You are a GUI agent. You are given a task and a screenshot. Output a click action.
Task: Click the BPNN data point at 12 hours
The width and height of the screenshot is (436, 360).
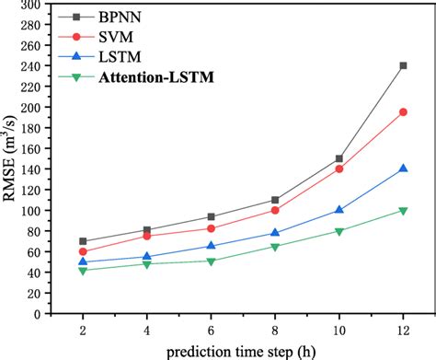[403, 65]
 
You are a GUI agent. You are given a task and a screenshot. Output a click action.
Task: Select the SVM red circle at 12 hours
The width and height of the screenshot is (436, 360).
[403, 112]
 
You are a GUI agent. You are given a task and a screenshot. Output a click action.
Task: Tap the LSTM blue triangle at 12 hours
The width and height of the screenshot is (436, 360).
[403, 168]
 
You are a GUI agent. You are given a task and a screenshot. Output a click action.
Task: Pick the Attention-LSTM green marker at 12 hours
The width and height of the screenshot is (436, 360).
[403, 211]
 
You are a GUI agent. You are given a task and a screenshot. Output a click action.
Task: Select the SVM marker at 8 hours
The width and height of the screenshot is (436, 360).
[275, 210]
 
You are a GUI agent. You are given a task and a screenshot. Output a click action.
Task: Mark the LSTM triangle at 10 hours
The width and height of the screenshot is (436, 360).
[339, 210]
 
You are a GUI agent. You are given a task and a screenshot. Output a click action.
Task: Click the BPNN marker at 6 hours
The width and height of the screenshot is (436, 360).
[211, 217]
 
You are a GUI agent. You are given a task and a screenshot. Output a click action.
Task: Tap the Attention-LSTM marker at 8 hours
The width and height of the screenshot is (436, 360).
[275, 247]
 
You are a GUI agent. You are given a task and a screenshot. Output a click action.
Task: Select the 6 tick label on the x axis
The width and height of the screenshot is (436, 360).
[211, 329]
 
